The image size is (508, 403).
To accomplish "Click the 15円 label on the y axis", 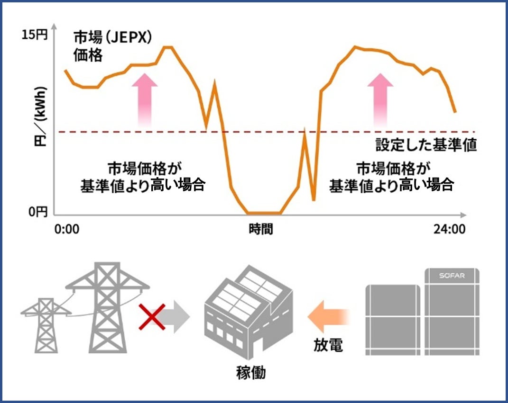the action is (x=35, y=35).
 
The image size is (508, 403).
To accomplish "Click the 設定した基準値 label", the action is (x=425, y=145).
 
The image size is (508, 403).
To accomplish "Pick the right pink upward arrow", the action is (x=380, y=99).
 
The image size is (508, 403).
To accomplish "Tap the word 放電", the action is (x=328, y=345).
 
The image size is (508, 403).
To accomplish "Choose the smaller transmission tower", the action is (x=46, y=324).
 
